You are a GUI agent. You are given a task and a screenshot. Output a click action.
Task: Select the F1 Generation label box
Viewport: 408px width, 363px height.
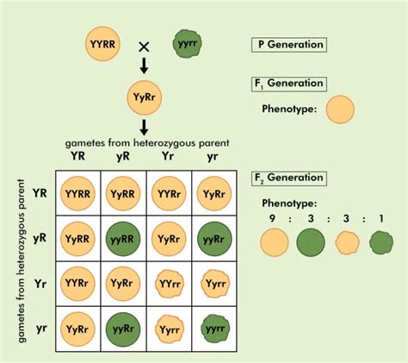click(288, 84)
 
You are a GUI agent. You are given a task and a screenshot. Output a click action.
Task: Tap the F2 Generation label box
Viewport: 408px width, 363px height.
click(288, 178)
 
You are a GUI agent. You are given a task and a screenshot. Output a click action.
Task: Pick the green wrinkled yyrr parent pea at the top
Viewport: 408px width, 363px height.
click(187, 43)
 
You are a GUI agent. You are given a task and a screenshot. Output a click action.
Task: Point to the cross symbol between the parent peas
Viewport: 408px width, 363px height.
click(144, 45)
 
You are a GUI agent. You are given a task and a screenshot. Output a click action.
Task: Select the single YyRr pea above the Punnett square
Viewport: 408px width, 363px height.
click(144, 95)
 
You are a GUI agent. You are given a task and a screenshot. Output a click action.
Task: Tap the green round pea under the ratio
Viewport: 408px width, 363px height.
click(311, 246)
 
